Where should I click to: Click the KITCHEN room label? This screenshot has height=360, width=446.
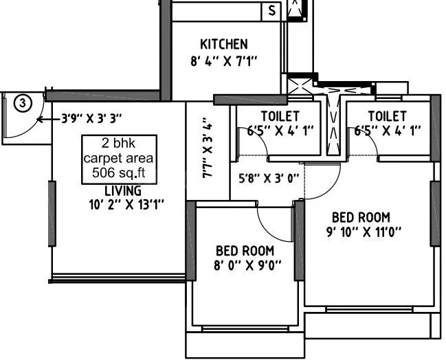(x=223, y=44)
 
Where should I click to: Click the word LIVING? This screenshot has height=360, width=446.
(x=123, y=190)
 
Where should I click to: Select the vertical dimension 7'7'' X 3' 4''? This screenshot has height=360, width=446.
(x=208, y=148)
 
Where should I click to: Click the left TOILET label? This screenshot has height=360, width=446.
(x=280, y=115)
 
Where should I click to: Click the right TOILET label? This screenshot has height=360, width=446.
(x=386, y=115)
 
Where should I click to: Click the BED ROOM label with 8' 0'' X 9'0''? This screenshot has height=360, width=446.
(x=245, y=251)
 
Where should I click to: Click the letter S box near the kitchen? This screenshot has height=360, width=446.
(x=271, y=10)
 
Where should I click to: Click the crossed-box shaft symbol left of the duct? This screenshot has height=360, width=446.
(x=300, y=87)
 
